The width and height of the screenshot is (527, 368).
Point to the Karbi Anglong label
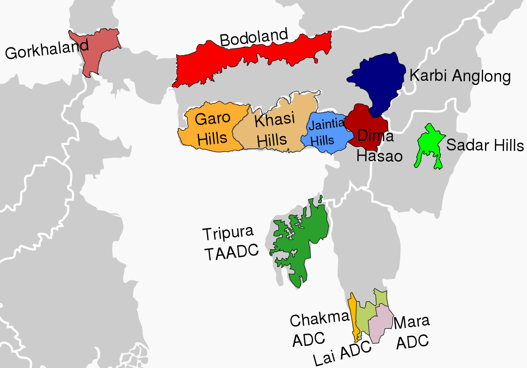point(460,76)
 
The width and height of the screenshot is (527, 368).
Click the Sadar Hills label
point(485,145)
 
